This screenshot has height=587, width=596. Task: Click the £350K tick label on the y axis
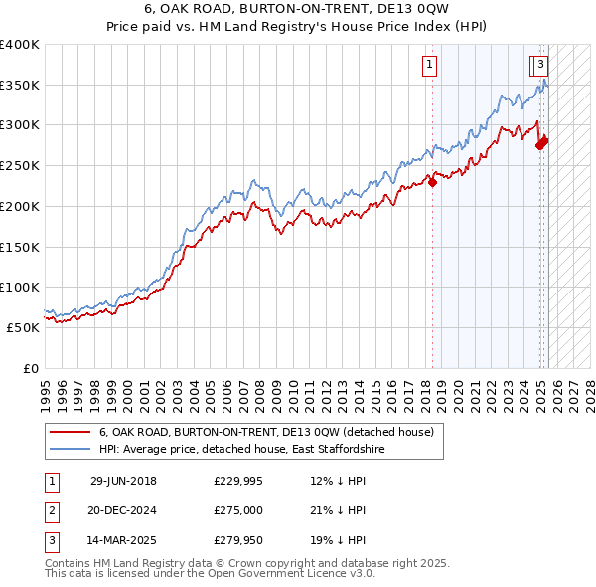tap(20, 86)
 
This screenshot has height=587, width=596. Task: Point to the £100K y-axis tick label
tap(20, 288)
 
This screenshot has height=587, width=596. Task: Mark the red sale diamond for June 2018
tap(433, 181)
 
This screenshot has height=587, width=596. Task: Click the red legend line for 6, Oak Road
tap(69, 433)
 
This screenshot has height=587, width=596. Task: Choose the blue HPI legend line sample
tap(69, 450)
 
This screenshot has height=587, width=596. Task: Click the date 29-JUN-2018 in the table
tap(123, 482)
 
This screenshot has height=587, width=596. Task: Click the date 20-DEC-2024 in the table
tap(123, 510)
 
